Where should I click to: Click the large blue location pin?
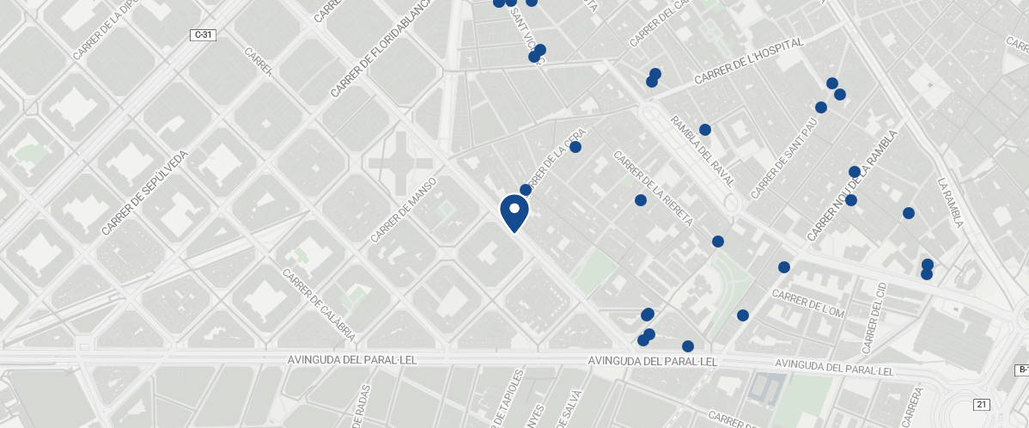tap(514, 211)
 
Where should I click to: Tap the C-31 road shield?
tap(203, 35)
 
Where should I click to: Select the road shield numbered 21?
tap(982, 404)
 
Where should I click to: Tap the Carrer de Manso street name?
tap(404, 210)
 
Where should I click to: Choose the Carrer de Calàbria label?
tap(319, 303)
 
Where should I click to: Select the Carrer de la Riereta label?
tap(653, 188)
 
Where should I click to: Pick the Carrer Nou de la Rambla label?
tap(852, 186)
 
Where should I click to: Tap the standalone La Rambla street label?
tap(951, 203)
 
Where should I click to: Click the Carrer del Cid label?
tap(872, 317)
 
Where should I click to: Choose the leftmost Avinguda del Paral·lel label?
tap(352, 360)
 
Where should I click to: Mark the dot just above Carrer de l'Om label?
tap(783, 267)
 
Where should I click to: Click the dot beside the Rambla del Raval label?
tap(705, 130)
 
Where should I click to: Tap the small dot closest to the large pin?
tap(526, 190)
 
